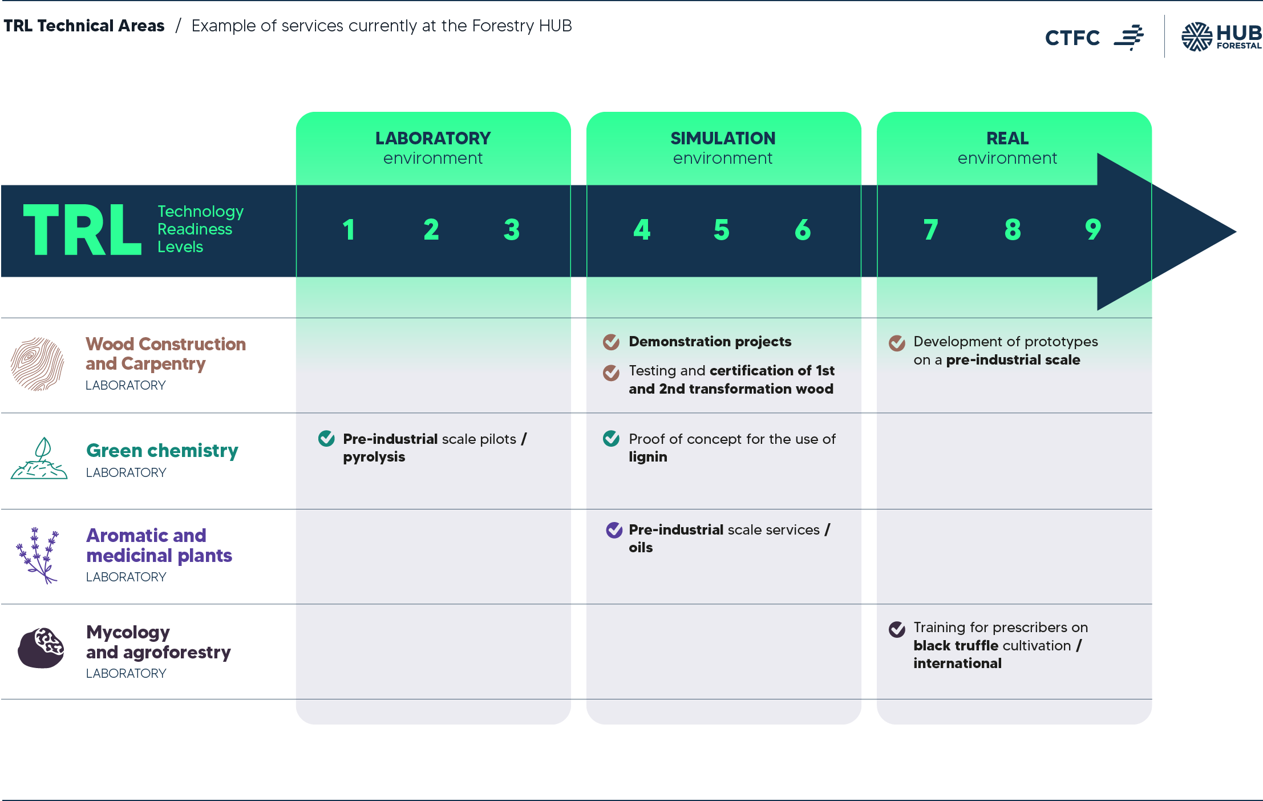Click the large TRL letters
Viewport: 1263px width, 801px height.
[x=82, y=230]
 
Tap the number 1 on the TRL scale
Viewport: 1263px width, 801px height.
[x=349, y=230]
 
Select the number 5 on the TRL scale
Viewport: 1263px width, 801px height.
[x=722, y=230]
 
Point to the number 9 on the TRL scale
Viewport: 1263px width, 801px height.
[x=1092, y=230]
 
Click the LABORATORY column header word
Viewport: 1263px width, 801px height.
[x=432, y=138]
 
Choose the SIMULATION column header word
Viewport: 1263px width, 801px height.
[x=723, y=138]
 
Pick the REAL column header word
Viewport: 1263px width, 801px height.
[x=1007, y=138]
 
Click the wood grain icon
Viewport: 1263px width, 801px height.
[x=38, y=364]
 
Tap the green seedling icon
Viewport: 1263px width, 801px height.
[x=39, y=459]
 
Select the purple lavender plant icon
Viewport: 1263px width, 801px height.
[x=38, y=555]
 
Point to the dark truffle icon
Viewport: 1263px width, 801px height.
[x=41, y=648]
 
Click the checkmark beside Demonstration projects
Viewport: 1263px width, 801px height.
[x=612, y=342]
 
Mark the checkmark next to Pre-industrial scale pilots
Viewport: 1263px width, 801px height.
[x=326, y=439]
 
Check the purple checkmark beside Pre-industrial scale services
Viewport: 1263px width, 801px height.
[x=614, y=530]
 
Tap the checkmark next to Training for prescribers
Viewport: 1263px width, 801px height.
[x=897, y=629]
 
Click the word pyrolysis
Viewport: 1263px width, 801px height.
[x=374, y=457]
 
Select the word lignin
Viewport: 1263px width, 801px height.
[x=647, y=457]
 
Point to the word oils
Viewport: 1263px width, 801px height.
[x=641, y=548]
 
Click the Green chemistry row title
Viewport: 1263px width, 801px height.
[x=162, y=451]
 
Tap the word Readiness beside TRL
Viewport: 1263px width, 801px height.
[x=195, y=229]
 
